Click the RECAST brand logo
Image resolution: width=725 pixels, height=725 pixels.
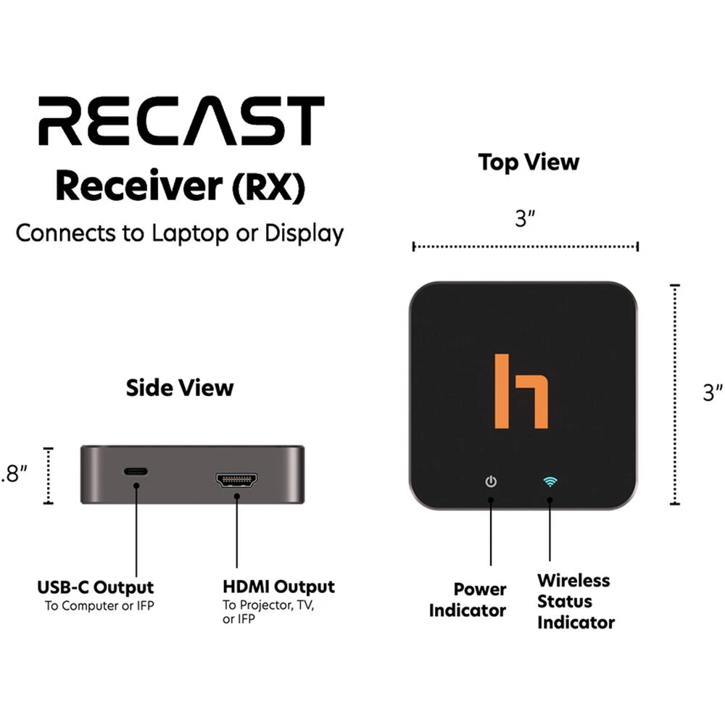click(180, 121)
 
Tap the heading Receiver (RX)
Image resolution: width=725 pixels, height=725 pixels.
click(180, 186)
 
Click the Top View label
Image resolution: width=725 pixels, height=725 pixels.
click(529, 162)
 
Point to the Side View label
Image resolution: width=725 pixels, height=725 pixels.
click(180, 387)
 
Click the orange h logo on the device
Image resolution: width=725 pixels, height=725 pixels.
click(521, 391)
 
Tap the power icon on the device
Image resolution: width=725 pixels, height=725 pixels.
click(492, 481)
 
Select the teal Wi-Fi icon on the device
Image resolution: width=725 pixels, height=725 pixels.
click(550, 481)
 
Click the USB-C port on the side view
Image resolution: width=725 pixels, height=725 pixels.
click(136, 472)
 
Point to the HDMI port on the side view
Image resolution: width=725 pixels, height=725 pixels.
click(236, 480)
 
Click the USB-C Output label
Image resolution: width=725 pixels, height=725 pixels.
click(96, 587)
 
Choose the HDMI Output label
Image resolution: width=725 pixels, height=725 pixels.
click(278, 587)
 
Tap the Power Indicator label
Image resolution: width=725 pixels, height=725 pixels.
click(468, 600)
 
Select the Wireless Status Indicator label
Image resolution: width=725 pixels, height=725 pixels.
click(575, 601)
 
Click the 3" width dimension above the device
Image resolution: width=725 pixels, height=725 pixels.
click(525, 219)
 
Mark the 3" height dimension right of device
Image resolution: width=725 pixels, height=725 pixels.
click(713, 393)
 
